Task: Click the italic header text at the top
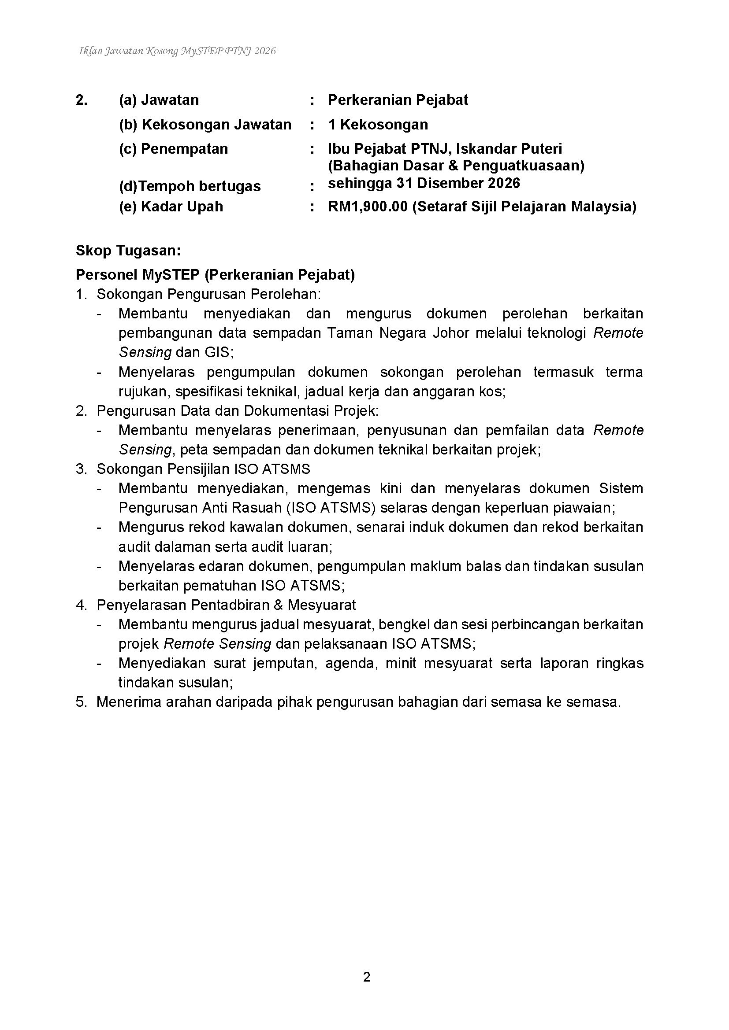pyautogui.click(x=177, y=51)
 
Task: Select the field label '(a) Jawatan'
pyautogui.click(x=159, y=100)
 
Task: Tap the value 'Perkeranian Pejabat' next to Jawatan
pyautogui.click(x=398, y=100)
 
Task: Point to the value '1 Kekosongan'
pyautogui.click(x=378, y=124)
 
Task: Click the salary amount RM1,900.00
pyautogui.click(x=368, y=207)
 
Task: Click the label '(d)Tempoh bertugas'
pyautogui.click(x=190, y=186)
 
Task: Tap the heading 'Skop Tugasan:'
pyautogui.click(x=128, y=250)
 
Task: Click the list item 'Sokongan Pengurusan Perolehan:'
pyautogui.click(x=209, y=294)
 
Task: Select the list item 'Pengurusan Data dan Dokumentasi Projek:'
pyautogui.click(x=238, y=411)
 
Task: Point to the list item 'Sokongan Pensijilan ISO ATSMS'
pyautogui.click(x=203, y=469)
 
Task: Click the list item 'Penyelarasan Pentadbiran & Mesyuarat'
pyautogui.click(x=226, y=605)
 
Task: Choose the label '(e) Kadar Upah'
pyautogui.click(x=171, y=207)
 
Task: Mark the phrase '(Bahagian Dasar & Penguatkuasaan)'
pyautogui.click(x=456, y=166)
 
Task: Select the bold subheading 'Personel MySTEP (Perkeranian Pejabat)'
pyautogui.click(x=215, y=274)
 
